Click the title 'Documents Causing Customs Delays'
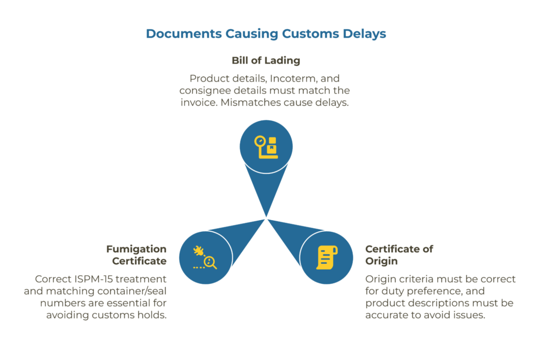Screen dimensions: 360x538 pos(266,34)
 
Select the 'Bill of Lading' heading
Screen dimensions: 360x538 pos(266,60)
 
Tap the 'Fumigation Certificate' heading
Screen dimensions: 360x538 pos(136,255)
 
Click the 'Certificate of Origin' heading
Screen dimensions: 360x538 pos(399,255)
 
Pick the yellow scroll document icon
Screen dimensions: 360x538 pos(326,257)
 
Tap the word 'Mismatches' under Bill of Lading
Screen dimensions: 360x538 pos(248,102)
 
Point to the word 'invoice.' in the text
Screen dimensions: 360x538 pos(199,102)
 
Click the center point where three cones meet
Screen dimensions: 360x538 pos(267,217)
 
